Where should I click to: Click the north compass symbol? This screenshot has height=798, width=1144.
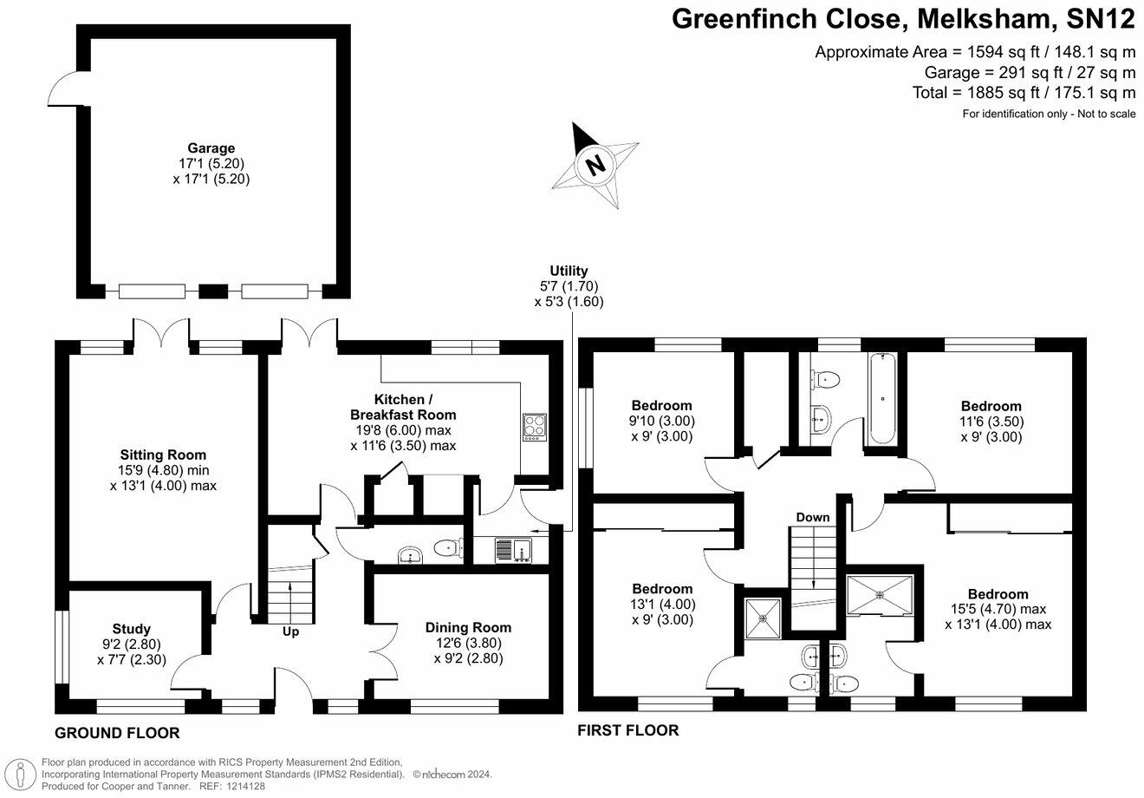(595, 164)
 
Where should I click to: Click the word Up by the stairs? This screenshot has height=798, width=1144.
(290, 631)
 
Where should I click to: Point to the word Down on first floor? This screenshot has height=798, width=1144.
(813, 517)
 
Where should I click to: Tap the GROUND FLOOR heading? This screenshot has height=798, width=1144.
(117, 733)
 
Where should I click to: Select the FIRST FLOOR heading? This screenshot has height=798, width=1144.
(628, 730)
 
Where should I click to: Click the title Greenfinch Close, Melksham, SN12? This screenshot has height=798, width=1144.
(904, 19)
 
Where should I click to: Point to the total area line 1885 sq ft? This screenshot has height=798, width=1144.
(1024, 92)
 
